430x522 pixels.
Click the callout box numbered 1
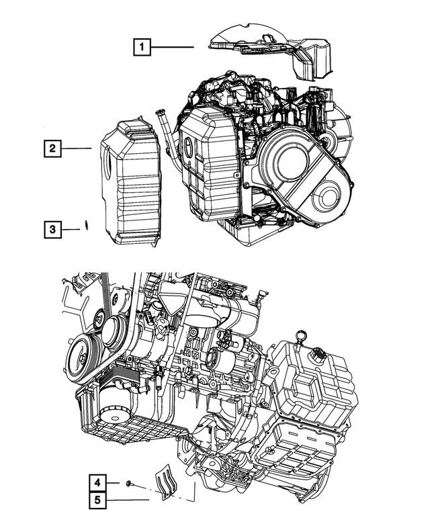142,47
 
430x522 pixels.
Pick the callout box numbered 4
97,482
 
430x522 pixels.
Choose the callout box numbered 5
97,500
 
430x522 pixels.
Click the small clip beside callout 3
87,225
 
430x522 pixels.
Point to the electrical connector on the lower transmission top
316,353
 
